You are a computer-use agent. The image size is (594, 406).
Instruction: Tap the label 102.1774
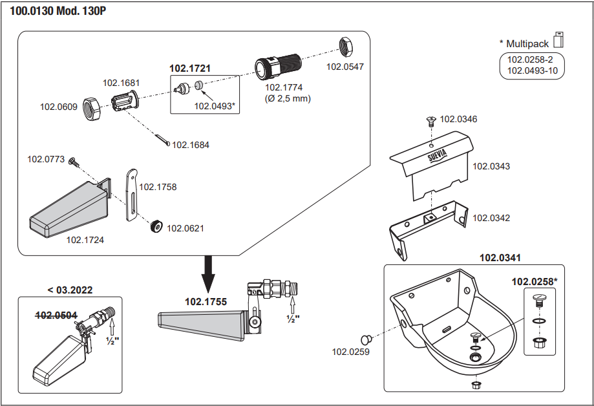tap(284, 87)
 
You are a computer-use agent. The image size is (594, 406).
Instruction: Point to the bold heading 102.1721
tap(190, 67)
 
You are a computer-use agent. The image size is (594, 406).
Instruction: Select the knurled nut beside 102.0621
tap(155, 228)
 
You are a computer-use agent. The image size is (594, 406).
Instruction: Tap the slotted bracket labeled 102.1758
tap(131, 195)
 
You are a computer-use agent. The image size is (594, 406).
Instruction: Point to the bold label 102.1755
tap(206, 301)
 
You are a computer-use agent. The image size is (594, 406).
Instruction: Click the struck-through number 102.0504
tap(56, 315)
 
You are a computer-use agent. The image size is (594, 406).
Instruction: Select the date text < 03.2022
tap(70, 290)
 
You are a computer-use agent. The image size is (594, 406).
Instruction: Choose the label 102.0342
tap(491, 218)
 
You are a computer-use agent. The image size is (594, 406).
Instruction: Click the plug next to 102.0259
tap(366, 339)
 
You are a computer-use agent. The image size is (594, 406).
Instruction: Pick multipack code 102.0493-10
tap(532, 70)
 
